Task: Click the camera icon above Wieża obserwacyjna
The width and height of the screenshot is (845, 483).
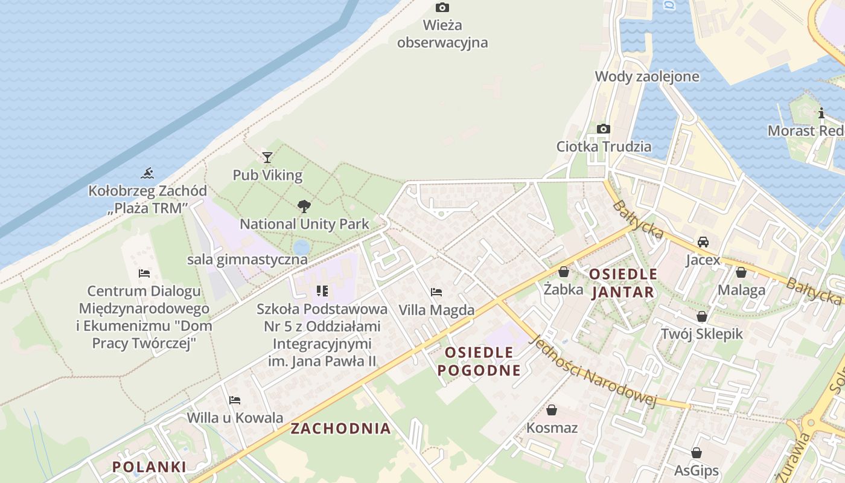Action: point(442,8)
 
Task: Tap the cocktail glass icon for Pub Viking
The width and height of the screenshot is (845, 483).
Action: point(267,158)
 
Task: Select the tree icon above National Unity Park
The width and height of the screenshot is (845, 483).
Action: point(304,206)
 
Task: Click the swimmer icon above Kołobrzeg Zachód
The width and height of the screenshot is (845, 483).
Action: point(147,174)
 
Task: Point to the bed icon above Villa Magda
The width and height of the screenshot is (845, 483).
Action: point(436,292)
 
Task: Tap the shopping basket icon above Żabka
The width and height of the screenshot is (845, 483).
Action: point(564,272)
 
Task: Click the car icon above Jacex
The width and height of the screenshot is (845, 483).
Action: point(703,242)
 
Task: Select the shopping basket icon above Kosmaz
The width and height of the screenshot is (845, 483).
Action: point(552,411)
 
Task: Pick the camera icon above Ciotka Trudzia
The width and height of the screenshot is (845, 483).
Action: point(603,129)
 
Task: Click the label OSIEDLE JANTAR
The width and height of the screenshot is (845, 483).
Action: point(623,283)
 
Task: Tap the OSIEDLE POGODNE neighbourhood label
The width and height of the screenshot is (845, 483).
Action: point(479,361)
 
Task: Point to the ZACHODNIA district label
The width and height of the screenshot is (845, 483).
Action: point(341,429)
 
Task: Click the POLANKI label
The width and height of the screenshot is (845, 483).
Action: point(149,467)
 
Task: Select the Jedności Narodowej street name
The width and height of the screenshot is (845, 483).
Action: point(591,371)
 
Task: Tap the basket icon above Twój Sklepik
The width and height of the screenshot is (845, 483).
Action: point(702,316)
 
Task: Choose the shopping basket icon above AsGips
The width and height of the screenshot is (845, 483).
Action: point(697,453)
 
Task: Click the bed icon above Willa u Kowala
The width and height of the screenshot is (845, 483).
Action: point(235,400)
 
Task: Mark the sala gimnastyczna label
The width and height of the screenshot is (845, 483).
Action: point(247,260)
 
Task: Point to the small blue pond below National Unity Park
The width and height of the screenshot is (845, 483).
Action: point(301,248)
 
